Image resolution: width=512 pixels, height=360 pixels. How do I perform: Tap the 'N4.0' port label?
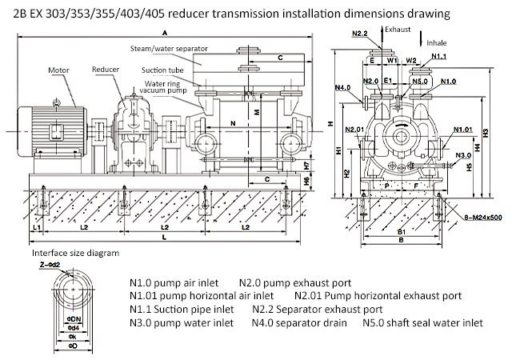tap(343, 87)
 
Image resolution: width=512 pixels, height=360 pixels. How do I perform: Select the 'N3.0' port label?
tap(462, 154)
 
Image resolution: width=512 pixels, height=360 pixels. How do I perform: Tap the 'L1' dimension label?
tap(36, 228)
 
